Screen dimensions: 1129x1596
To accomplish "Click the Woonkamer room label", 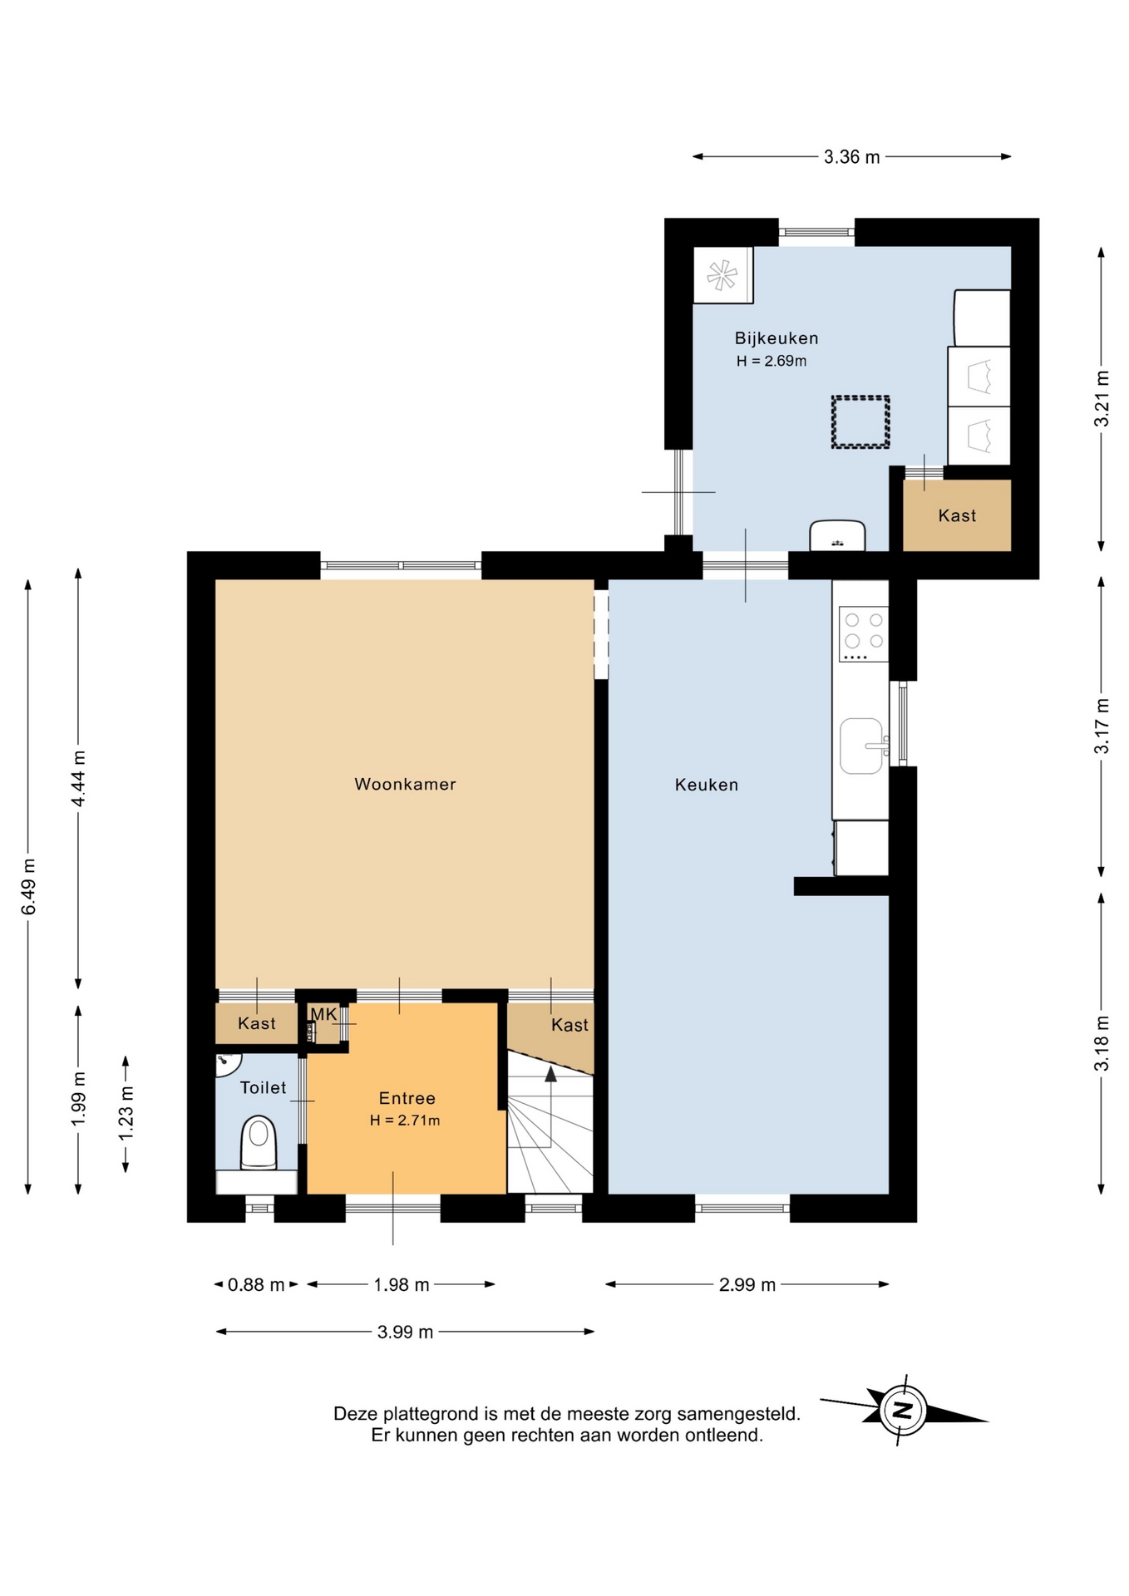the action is click(405, 784).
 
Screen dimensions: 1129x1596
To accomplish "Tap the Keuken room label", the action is click(707, 785).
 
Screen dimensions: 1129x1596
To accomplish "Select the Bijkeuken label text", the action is click(776, 338).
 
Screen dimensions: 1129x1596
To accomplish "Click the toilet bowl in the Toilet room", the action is click(259, 1142).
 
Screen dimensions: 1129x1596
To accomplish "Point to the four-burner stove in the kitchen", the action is click(864, 634).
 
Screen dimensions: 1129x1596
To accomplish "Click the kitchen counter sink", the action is click(862, 746).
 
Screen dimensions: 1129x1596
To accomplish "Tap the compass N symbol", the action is click(903, 1410).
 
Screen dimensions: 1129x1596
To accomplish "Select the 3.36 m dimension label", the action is click(852, 157).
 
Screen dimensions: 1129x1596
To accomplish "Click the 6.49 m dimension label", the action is click(29, 886).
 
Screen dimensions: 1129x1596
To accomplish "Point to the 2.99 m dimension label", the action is click(747, 1284).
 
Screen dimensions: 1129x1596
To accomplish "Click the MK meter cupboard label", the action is click(323, 1014).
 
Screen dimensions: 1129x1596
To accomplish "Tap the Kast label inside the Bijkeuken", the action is click(957, 515).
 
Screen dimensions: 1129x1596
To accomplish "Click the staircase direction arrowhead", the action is click(550, 1074).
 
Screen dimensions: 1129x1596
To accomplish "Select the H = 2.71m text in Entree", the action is click(405, 1120).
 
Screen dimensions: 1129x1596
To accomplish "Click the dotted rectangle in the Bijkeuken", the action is click(860, 422).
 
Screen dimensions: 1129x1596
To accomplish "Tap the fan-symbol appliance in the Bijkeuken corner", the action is click(722, 275).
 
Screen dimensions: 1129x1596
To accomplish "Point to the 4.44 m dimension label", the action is click(78, 778).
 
